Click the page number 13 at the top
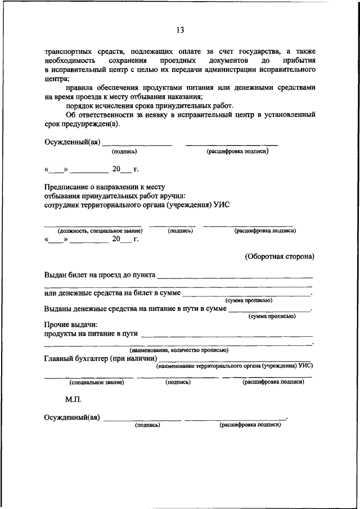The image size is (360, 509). click(179, 30)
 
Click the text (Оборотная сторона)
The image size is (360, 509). click(280, 256)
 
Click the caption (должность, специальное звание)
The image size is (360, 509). click(100, 231)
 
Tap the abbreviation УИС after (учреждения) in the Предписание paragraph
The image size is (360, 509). click(222, 205)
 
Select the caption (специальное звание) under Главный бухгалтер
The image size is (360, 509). click(97, 382)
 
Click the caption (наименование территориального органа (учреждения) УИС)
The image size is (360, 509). click(235, 366)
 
